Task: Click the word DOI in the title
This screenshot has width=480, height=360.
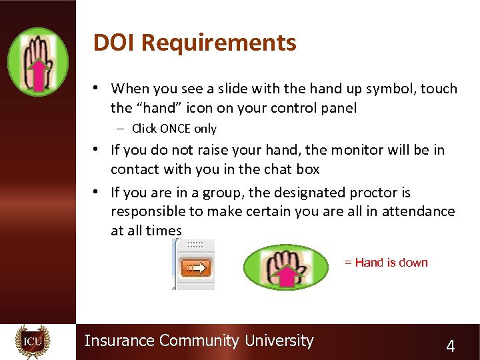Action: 115,43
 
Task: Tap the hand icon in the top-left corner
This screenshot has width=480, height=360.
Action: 38,62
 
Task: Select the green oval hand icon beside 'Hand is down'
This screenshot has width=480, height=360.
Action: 287,267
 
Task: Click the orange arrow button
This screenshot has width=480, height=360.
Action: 196,268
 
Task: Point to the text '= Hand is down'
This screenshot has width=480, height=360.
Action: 386,263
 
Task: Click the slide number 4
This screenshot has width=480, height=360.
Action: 451,346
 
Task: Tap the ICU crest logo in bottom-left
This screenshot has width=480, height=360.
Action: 33,342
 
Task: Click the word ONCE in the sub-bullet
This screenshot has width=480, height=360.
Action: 175,129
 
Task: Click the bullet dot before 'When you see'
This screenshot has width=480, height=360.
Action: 97,88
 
